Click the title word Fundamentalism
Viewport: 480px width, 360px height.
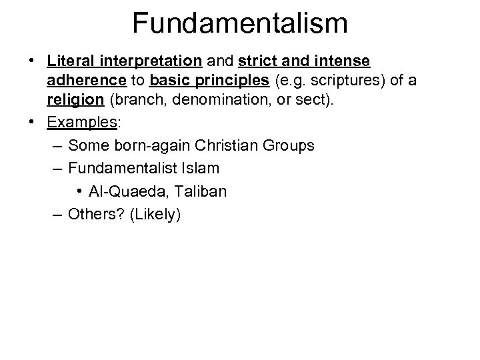[239, 22]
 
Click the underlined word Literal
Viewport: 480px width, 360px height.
[71, 61]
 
